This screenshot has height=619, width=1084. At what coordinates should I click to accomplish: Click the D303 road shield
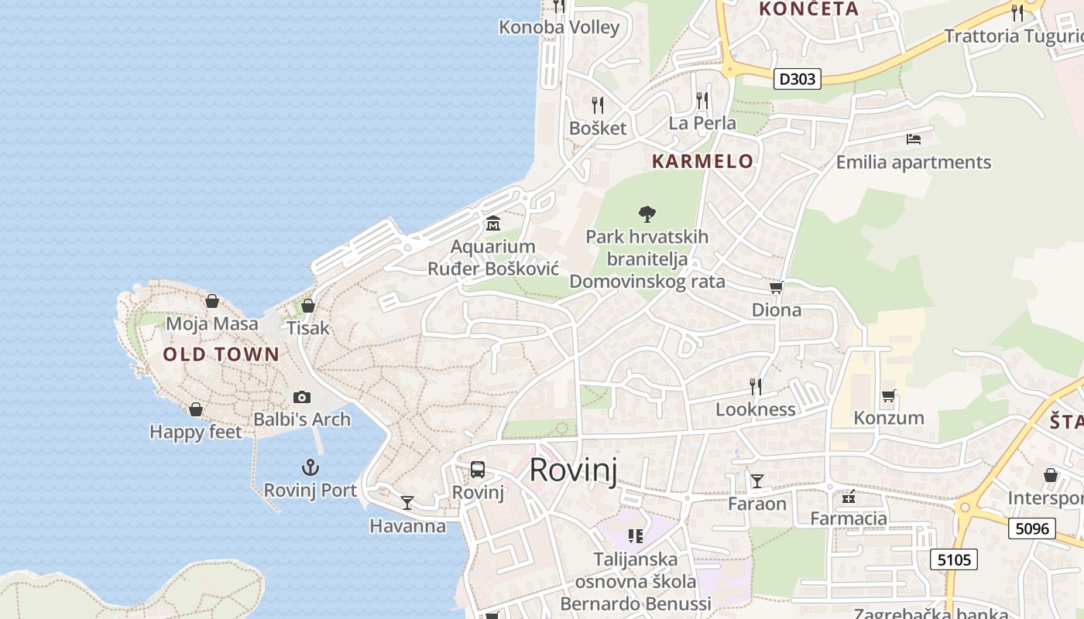pos(797,78)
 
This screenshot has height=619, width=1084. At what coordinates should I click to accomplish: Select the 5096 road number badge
pos(1033,528)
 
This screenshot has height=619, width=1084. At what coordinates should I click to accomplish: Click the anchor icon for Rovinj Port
pos(310,467)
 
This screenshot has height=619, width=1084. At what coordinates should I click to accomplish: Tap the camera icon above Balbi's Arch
pos(302,397)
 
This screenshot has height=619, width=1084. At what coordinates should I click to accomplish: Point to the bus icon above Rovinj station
pos(478,469)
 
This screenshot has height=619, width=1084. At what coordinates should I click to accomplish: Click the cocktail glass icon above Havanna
pos(407,503)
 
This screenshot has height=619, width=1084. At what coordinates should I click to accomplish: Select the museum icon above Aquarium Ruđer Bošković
pos(492,224)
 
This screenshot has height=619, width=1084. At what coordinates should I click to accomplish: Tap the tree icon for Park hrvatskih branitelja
pos(647,214)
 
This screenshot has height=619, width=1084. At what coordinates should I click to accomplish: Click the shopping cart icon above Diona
pos(776,288)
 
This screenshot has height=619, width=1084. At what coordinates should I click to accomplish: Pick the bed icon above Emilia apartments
pos(914,139)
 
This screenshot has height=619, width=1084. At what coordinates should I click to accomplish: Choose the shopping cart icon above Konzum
pos(889,395)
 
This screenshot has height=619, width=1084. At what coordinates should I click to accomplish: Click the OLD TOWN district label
pos(221,355)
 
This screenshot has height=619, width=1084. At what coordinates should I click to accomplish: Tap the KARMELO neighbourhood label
pos(702,161)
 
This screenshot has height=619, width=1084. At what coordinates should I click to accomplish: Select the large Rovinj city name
pos(574,470)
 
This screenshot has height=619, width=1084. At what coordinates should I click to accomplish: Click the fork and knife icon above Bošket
pos(597,104)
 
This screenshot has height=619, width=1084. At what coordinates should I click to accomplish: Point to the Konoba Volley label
pos(559,28)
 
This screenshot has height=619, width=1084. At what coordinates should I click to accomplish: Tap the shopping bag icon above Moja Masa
pos(212,301)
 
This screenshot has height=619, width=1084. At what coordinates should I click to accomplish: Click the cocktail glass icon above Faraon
pos(757,481)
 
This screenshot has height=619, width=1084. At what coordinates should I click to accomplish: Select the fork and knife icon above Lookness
pos(756,386)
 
